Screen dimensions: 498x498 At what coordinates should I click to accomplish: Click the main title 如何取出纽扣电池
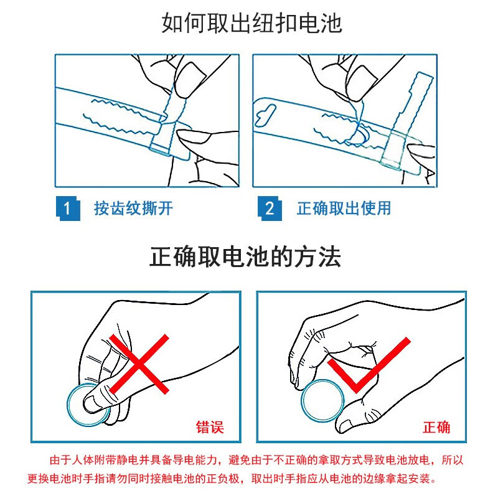click(251, 23)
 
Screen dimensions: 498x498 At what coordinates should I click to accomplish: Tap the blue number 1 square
click(68, 209)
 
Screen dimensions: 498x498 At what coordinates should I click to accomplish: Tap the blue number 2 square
click(270, 209)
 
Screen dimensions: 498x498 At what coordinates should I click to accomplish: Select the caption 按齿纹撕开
click(133, 209)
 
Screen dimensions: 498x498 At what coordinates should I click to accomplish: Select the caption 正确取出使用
click(344, 209)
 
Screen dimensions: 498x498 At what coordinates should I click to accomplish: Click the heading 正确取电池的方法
click(245, 256)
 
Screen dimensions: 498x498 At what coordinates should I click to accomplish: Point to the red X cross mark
click(139, 364)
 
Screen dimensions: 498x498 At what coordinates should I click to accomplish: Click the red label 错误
click(210, 427)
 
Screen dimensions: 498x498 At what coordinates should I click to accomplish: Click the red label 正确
click(436, 427)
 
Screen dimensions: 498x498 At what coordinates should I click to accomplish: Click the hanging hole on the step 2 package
click(266, 115)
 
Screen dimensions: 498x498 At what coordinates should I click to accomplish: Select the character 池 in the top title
click(331, 23)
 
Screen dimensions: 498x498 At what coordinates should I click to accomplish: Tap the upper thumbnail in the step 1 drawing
click(190, 80)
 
